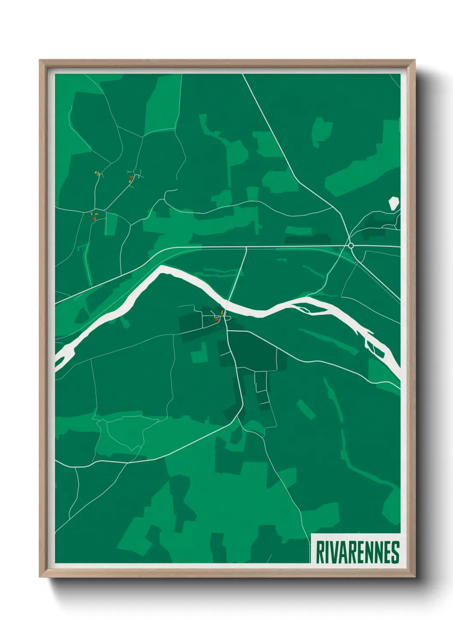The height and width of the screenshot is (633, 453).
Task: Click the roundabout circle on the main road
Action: pos(351,246)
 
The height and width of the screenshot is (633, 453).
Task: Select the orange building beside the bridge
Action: pos(222,313)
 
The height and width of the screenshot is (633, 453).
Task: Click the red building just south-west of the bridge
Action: pos(217,319)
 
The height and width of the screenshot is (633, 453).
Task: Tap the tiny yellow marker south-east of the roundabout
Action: pos(355,262)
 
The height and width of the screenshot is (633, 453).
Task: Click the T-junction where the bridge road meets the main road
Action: pos(246,247)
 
